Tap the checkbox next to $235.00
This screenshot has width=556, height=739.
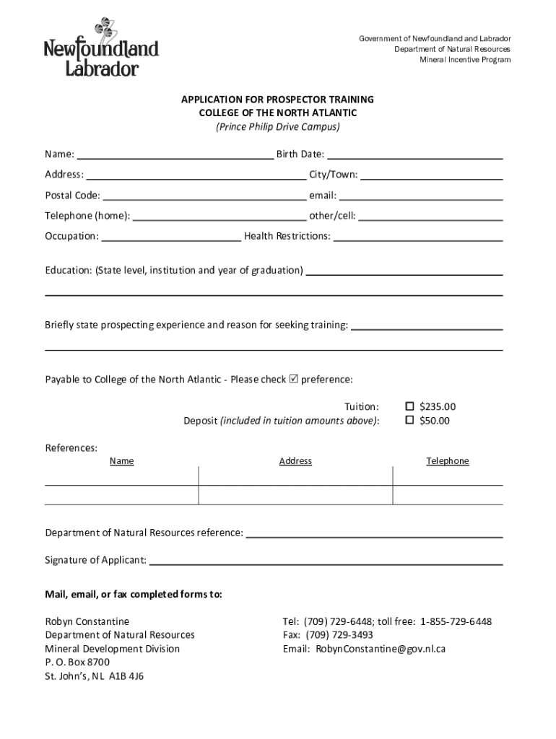(409, 406)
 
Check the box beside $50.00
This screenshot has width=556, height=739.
(409, 420)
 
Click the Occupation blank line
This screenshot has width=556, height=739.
(171, 237)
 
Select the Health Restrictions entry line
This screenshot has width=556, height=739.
(418, 237)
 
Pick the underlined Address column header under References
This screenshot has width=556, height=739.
(295, 461)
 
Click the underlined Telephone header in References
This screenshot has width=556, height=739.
(448, 461)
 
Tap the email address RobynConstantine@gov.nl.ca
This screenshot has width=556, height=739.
(380, 649)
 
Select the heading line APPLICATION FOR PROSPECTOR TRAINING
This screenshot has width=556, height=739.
(277, 99)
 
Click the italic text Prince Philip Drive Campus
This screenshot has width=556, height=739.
(277, 127)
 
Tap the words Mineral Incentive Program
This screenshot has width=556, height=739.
(465, 60)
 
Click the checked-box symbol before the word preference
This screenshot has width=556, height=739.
(293, 379)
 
